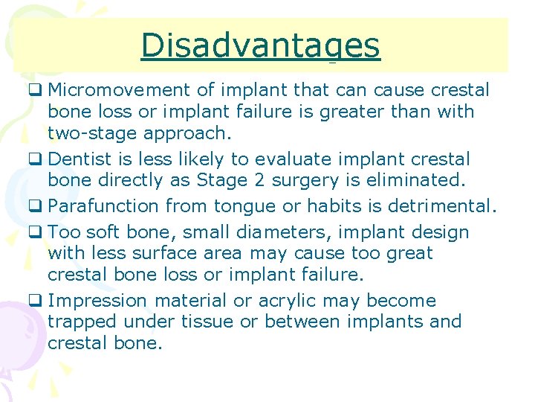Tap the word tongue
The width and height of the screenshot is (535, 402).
(242, 205)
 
